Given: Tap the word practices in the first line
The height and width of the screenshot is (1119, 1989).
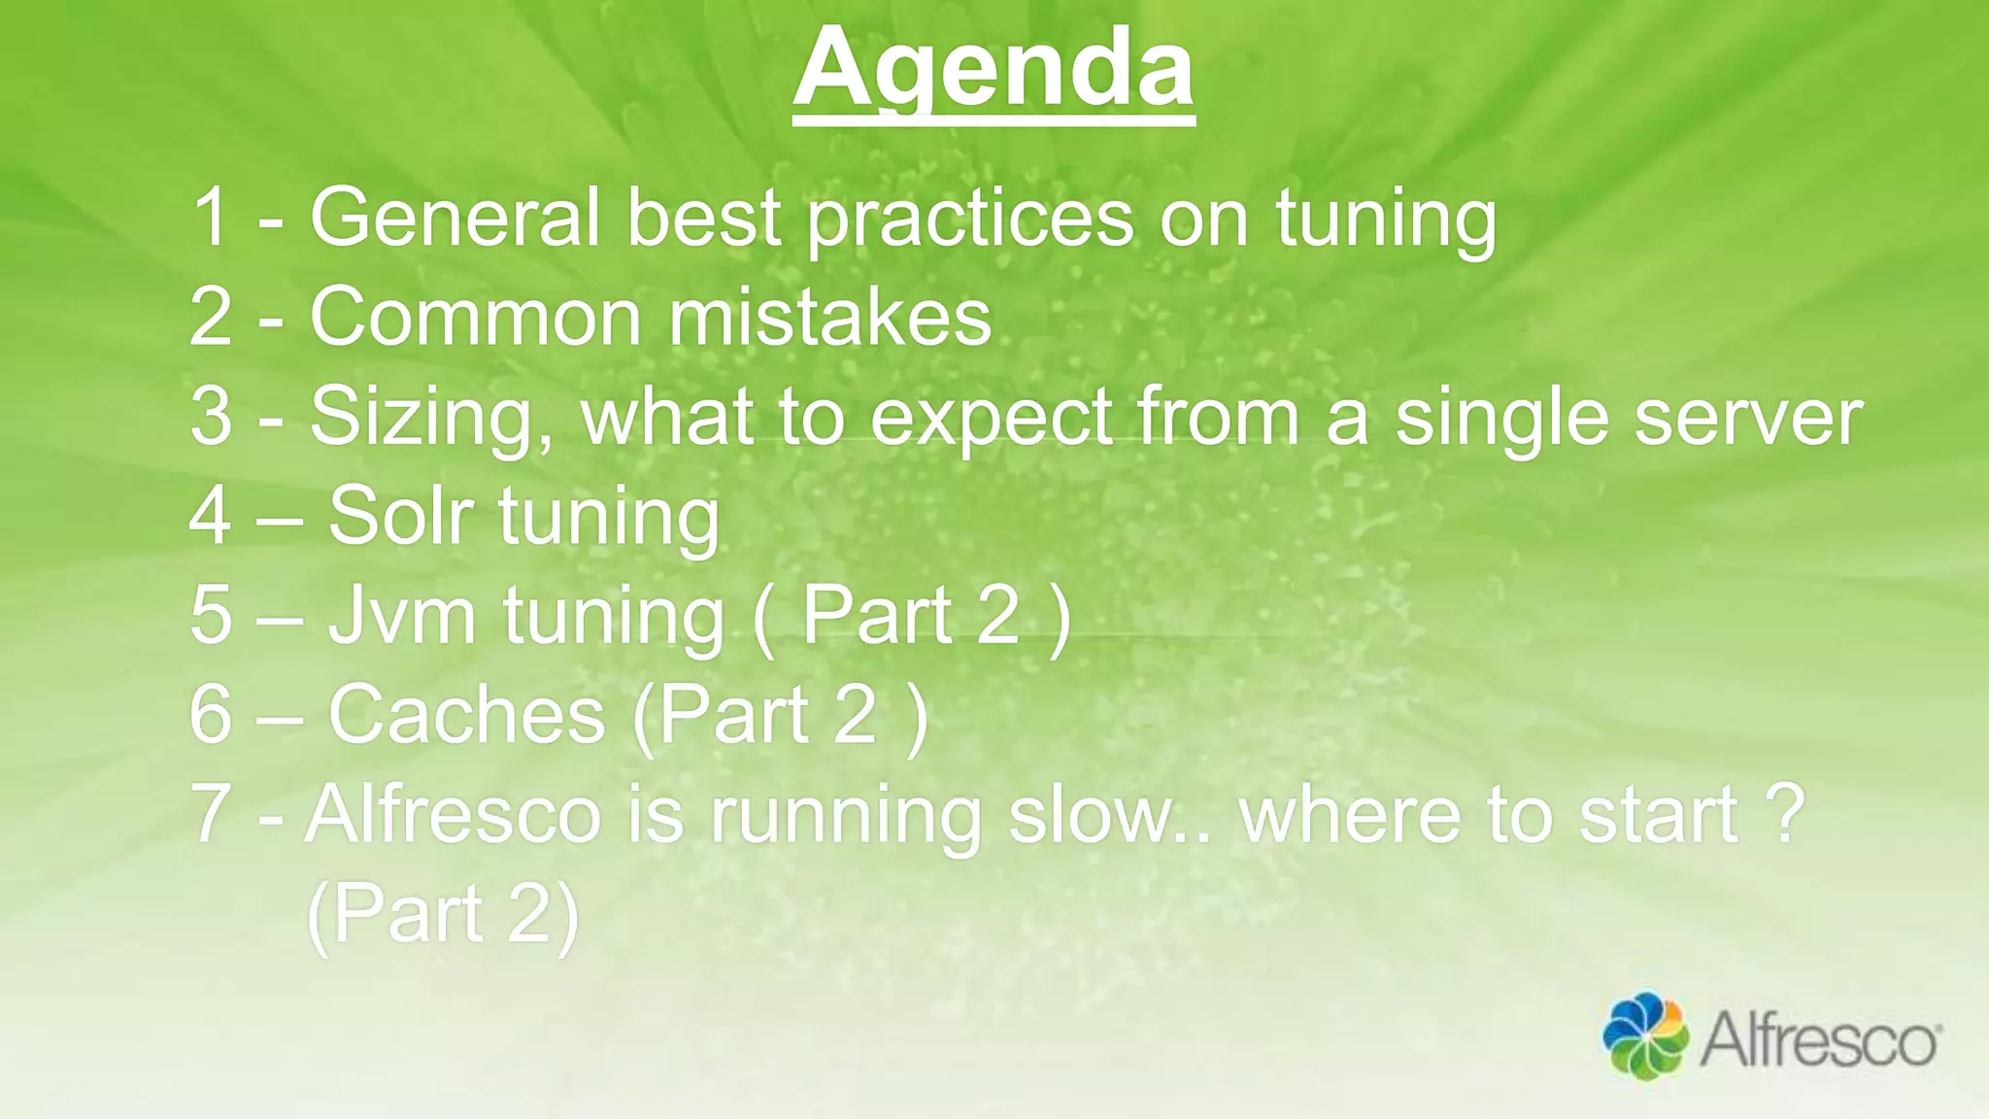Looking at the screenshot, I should [x=970, y=220].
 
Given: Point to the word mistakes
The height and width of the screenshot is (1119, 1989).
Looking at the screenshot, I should [x=829, y=318].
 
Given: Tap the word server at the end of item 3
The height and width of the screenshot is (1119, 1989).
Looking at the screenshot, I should [x=1747, y=418].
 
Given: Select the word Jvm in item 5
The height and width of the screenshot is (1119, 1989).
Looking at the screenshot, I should [x=401, y=616].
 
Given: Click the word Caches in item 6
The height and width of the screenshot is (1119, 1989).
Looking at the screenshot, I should [x=467, y=715].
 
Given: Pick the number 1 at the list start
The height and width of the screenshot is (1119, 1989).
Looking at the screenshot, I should [x=211, y=218].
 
